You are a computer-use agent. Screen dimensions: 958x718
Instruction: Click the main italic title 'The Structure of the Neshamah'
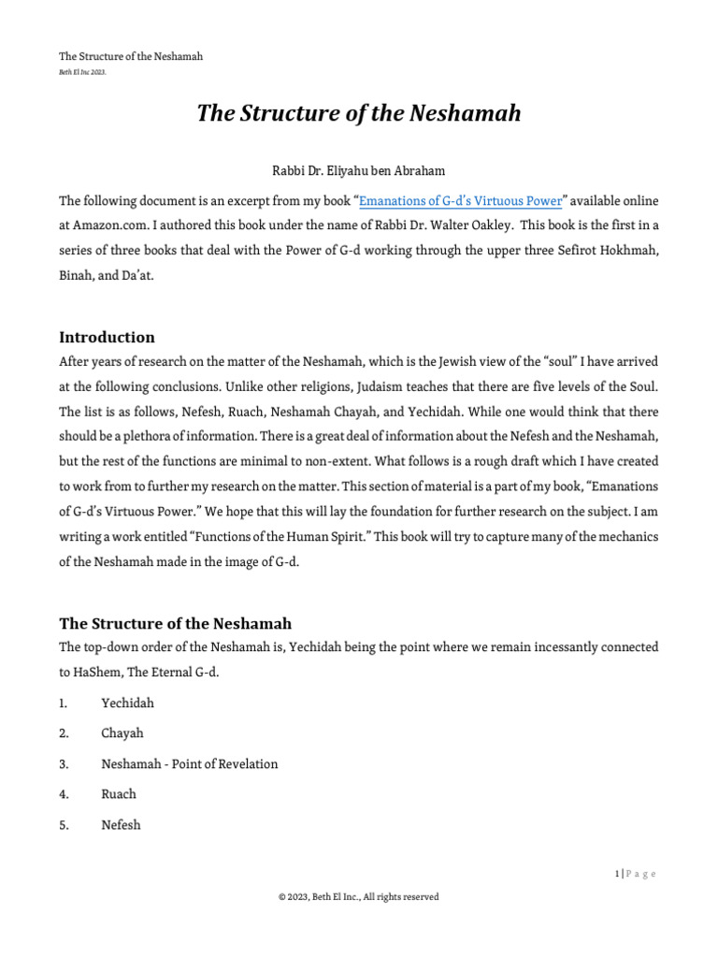pyautogui.click(x=358, y=113)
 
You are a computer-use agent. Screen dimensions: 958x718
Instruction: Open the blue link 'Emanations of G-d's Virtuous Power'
pyautogui.click(x=461, y=200)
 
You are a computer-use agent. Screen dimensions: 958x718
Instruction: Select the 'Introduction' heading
pyautogui.click(x=107, y=337)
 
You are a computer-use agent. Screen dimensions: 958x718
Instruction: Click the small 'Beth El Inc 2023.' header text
pyautogui.click(x=82, y=72)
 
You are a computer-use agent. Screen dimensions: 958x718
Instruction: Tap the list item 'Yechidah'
pyautogui.click(x=127, y=704)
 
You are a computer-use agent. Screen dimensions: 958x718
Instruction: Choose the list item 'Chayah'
pyautogui.click(x=122, y=733)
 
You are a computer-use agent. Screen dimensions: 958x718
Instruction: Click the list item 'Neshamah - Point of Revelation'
pyautogui.click(x=189, y=763)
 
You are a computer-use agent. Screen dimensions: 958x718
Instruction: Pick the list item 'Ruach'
pyautogui.click(x=119, y=793)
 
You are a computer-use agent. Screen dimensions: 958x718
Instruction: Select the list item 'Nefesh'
pyautogui.click(x=122, y=824)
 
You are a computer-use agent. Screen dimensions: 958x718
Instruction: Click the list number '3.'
pyautogui.click(x=65, y=763)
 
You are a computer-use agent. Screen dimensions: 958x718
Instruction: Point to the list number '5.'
pyautogui.click(x=65, y=824)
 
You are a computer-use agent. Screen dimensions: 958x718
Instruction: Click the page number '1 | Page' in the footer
pyautogui.click(x=636, y=874)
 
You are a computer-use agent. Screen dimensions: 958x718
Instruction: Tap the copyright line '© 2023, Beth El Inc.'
pyautogui.click(x=358, y=896)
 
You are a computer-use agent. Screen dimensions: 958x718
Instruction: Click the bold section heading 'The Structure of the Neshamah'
pyautogui.click(x=176, y=623)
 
